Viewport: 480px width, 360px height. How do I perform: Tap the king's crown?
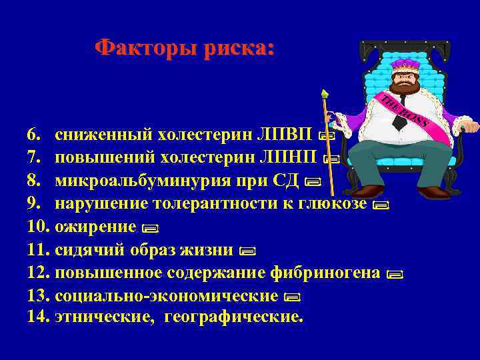coord(402,67)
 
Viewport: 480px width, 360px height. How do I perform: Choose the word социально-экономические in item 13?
coord(167,295)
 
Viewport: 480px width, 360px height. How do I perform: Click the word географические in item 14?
coord(240,317)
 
